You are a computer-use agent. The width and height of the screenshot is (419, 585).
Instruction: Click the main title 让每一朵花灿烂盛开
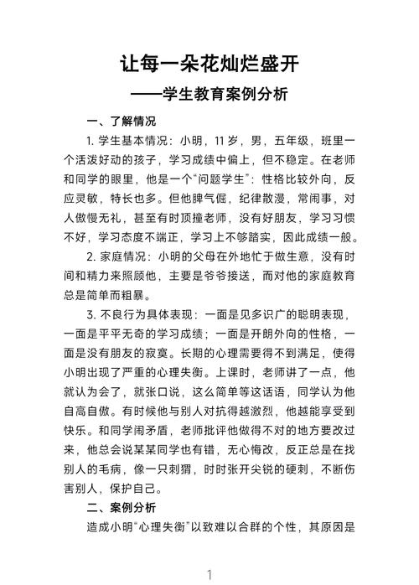[x=209, y=64]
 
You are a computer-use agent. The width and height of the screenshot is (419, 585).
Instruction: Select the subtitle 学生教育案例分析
[x=224, y=94]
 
